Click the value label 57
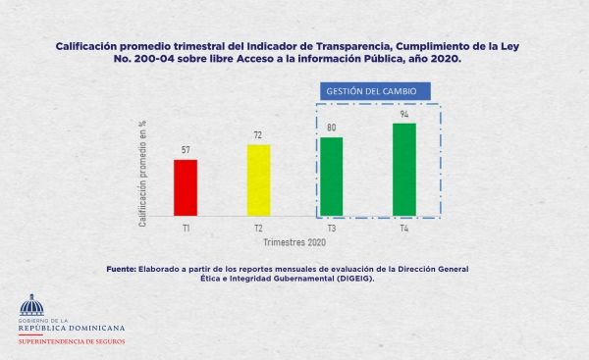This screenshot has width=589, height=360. pos(186,150)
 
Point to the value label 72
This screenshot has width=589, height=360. pos(258,135)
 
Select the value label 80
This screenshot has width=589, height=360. pos(332,128)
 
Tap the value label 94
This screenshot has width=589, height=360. pos(404,114)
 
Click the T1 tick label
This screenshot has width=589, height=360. pos(186,228)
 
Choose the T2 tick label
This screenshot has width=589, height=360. pos(258,228)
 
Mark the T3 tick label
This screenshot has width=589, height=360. pos(332,228)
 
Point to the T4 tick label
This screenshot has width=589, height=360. pos(404,228)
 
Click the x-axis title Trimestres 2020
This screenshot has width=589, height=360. pos(294,241)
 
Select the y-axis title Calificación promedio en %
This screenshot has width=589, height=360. pos(143,173)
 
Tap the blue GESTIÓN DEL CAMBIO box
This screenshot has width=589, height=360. pos(379,91)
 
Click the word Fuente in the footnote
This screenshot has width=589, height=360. pos(123,269)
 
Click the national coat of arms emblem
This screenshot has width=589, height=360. pos(32,304)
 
